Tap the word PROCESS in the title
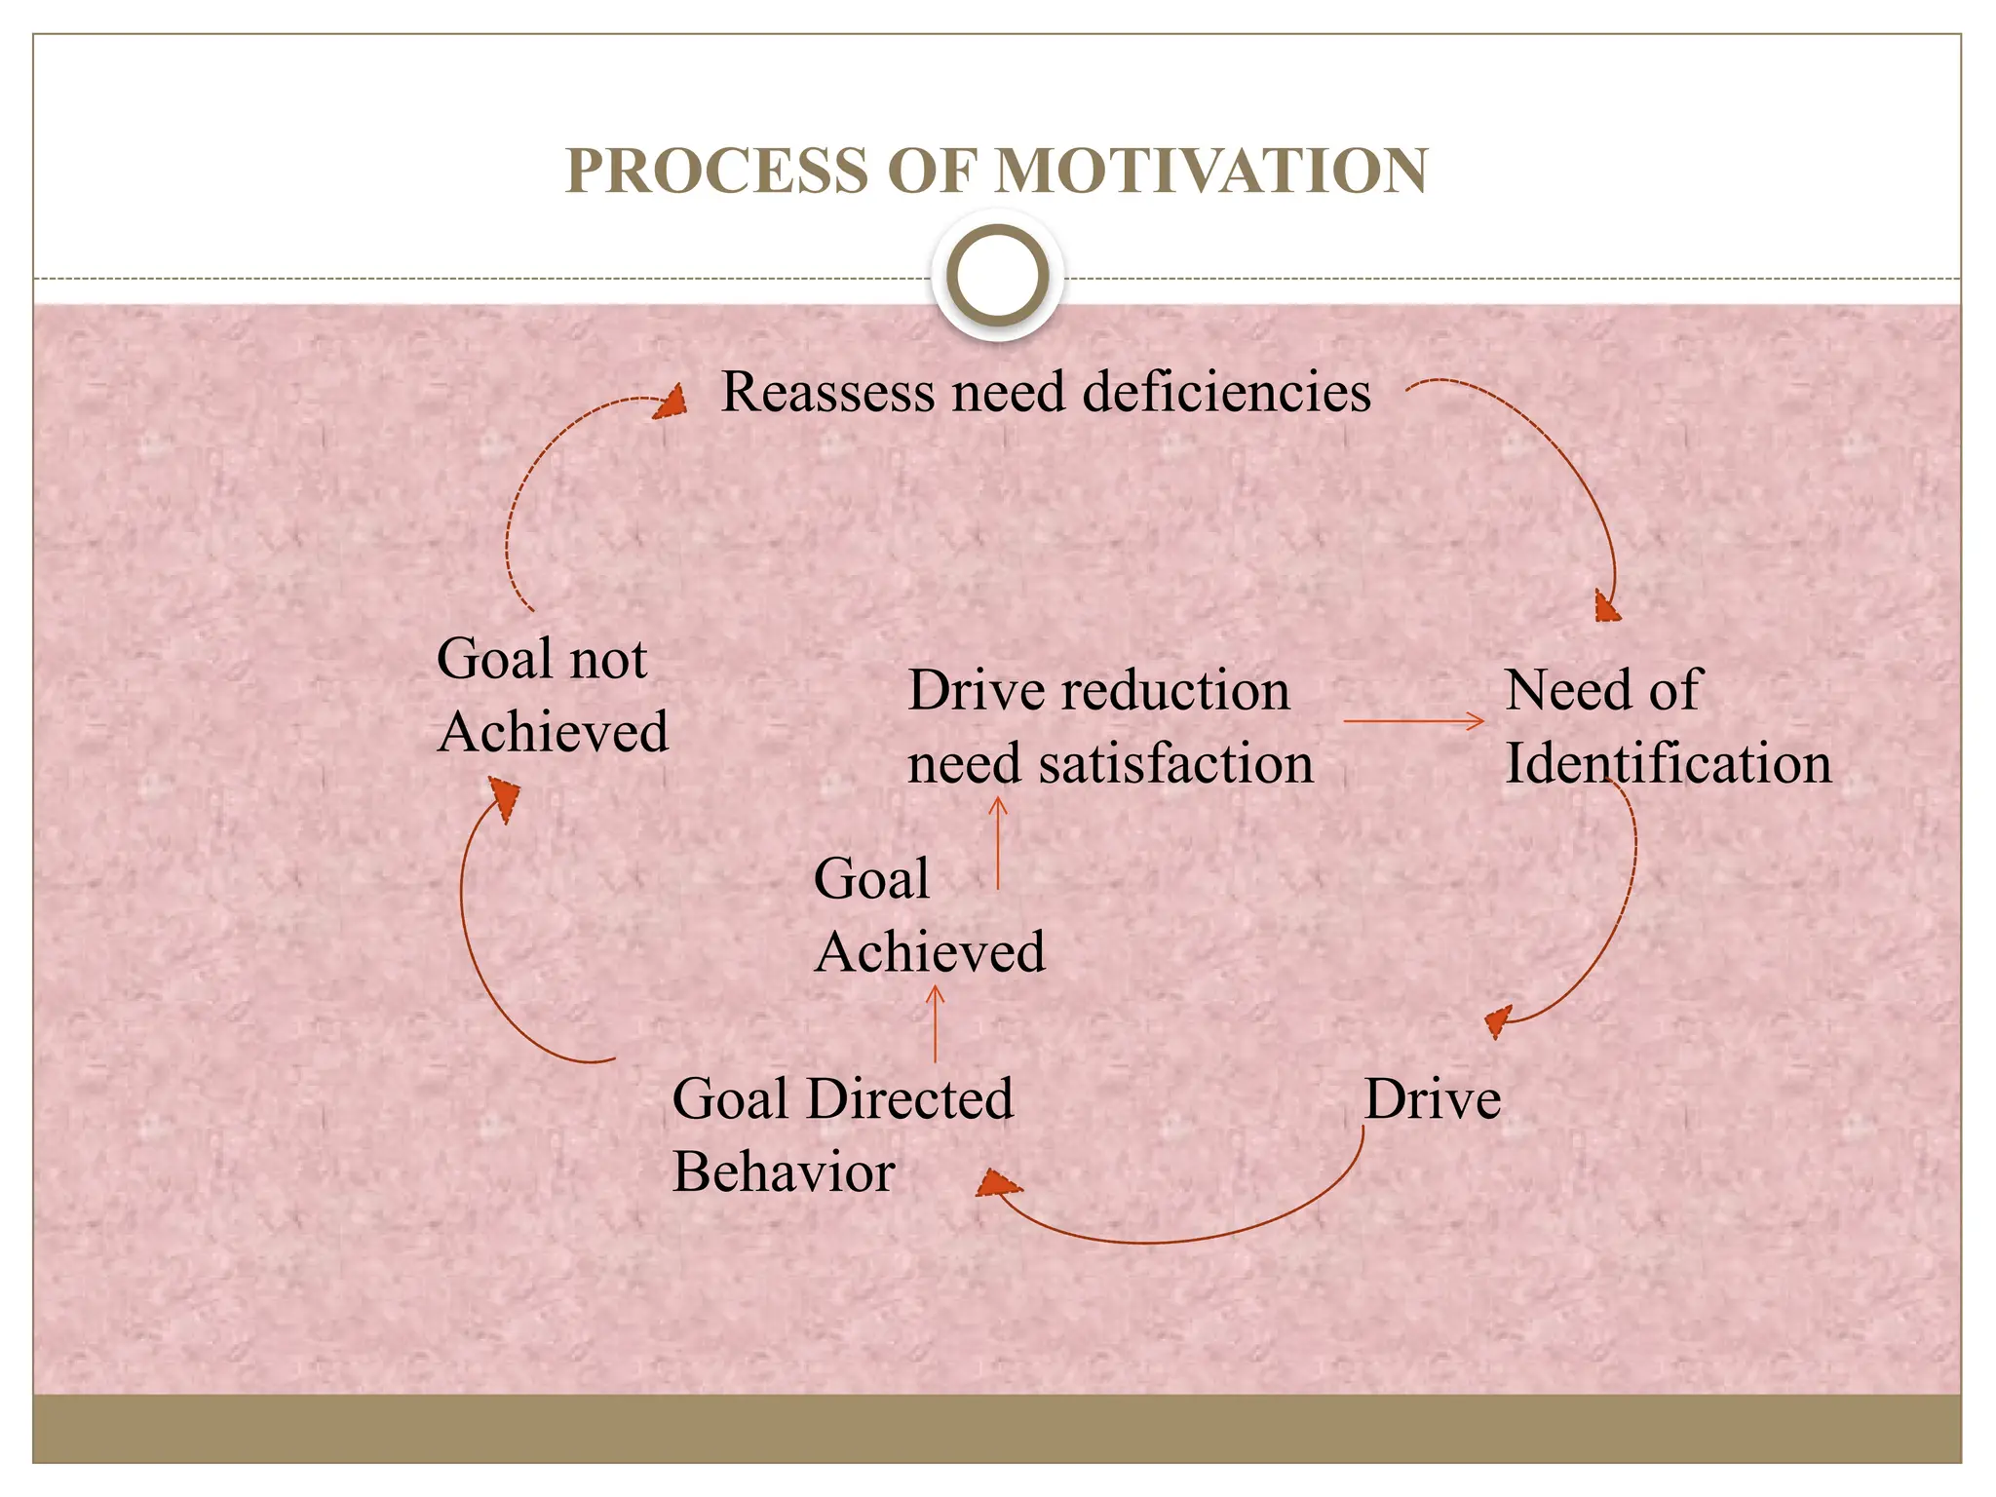coord(716,172)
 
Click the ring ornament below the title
coord(997,276)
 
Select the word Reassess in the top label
coord(827,393)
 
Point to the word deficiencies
coord(1226,393)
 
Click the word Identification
coord(1668,763)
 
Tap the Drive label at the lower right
coord(1432,1099)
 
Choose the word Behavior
coord(784,1172)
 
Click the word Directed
coord(910,1099)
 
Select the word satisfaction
coord(1175,763)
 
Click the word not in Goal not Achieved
coord(608,660)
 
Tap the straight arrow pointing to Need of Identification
coord(1413,721)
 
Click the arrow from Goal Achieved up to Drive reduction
coord(998,843)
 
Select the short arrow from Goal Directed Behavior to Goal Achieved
coord(936,1023)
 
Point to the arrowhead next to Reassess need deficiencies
coord(671,403)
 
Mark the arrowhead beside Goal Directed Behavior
coord(997,1183)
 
